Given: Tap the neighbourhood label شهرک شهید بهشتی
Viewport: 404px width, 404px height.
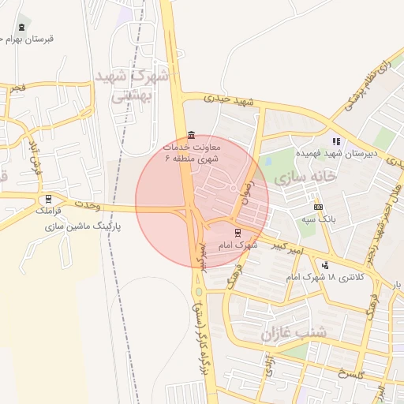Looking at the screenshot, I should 133,85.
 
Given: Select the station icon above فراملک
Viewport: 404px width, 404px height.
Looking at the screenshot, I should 50,200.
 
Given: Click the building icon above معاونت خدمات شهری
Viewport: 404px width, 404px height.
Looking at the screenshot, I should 192,135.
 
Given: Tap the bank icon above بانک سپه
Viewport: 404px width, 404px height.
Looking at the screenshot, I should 318,207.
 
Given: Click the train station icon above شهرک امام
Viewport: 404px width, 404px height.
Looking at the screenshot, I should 238,233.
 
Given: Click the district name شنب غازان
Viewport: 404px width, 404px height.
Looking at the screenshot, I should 299,332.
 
